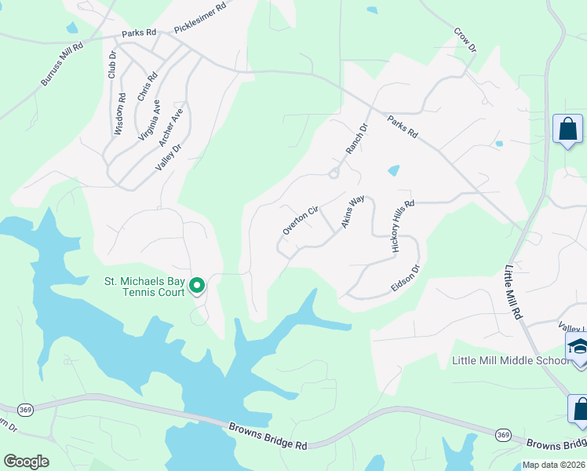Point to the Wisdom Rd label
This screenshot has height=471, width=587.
[120, 115]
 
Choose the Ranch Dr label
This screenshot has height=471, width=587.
[357, 139]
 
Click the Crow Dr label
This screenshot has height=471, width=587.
[465, 42]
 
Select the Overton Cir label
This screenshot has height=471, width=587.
[301, 221]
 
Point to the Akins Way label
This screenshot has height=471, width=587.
[353, 212]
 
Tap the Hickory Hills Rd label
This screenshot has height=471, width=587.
[402, 227]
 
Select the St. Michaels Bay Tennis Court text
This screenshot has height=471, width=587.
[145, 287]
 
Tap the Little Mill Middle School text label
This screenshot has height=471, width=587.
[510, 360]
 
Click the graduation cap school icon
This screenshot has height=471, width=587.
[577, 347]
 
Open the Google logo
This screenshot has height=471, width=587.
[26, 462]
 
